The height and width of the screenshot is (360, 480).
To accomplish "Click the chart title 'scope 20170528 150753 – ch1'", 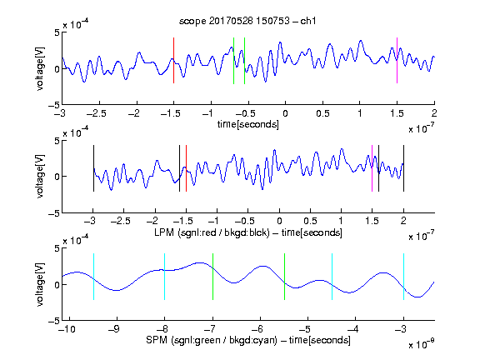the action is (247, 21).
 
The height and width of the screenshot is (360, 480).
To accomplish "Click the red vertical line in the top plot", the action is (173, 60).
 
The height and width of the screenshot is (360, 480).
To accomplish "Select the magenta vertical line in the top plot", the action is (397, 60).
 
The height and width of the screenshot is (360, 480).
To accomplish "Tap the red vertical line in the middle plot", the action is (186, 168).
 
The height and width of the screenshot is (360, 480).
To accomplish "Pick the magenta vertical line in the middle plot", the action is (372, 168).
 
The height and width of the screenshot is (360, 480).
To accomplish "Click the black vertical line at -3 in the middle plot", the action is (93, 168).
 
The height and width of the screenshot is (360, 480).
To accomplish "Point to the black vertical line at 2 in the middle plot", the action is (403, 168).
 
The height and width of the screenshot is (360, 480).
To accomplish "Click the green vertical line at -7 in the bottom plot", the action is (212, 277).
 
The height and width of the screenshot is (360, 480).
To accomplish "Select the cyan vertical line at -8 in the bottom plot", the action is (165, 277).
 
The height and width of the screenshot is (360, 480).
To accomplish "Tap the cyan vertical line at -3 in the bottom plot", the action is (403, 277).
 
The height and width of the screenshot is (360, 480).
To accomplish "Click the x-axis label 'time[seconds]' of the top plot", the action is (248, 124).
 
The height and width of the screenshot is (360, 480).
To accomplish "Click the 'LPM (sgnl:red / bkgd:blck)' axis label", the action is (212, 232).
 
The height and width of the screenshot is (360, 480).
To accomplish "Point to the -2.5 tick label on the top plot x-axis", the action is (97, 113).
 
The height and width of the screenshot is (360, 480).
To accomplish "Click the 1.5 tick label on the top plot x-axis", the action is (397, 113).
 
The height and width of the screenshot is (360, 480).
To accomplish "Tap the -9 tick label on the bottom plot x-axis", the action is (114, 329).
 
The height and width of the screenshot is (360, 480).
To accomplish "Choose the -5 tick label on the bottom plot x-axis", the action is (306, 329).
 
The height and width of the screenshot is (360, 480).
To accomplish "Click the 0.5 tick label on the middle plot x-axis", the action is (310, 221).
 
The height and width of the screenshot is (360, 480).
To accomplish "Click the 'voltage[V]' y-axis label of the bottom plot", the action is (40, 284).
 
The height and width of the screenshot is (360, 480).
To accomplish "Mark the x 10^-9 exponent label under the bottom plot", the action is (421, 344).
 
